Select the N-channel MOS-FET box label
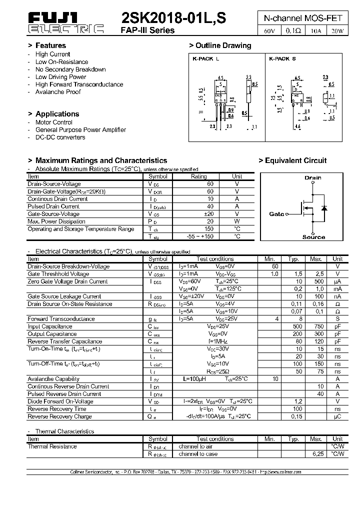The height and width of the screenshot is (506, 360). tap(303, 18)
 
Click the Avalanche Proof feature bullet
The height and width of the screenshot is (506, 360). tap(58, 92)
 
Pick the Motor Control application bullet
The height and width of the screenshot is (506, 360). tap(53, 122)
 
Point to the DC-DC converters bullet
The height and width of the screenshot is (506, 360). tap(60, 137)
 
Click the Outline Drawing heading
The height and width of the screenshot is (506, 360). tap(223, 45)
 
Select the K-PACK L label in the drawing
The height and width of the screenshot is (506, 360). tap(205, 58)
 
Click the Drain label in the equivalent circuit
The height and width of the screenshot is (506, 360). tap(313, 177)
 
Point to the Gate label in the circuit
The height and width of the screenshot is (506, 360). tap(276, 214)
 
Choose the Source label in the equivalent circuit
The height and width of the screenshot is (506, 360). tap(313, 237)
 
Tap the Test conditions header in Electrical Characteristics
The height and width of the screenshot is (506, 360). tap(215, 259)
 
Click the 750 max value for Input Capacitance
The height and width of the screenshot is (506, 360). tap(316, 326)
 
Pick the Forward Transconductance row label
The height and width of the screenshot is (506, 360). tap(61, 318)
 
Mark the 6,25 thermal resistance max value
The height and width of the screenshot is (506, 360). tap(316, 454)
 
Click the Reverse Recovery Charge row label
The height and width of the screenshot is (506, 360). tap(59, 416)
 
